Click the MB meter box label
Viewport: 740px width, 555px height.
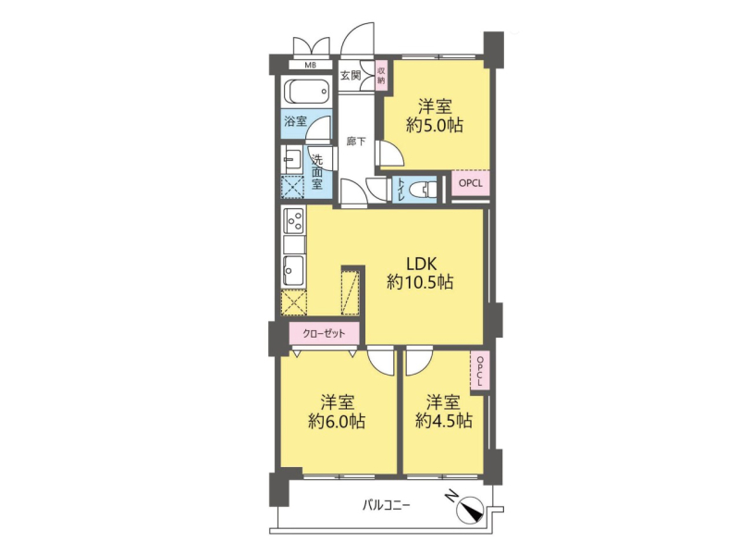[x=310, y=65]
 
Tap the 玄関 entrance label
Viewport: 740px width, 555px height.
[x=351, y=76]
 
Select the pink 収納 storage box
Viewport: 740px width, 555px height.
[x=381, y=76]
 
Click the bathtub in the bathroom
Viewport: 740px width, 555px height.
[x=307, y=92]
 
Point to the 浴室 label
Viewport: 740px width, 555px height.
[x=295, y=122]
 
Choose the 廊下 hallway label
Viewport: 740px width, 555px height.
[x=356, y=142]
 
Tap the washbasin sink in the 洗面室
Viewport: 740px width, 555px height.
[x=291, y=159]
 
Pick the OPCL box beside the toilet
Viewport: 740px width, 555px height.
[x=471, y=183]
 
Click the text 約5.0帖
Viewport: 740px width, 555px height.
[x=435, y=126]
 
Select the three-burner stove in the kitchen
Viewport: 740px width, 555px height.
[x=293, y=220]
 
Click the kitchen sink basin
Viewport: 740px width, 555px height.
[x=293, y=270]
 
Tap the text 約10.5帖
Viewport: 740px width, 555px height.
[x=420, y=282]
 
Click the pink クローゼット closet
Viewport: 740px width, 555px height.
[x=325, y=334]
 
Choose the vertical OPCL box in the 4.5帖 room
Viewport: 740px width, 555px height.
[x=479, y=371]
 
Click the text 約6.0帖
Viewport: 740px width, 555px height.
[x=337, y=422]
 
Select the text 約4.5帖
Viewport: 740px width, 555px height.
[x=444, y=421]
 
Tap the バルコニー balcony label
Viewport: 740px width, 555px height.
[x=386, y=505]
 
